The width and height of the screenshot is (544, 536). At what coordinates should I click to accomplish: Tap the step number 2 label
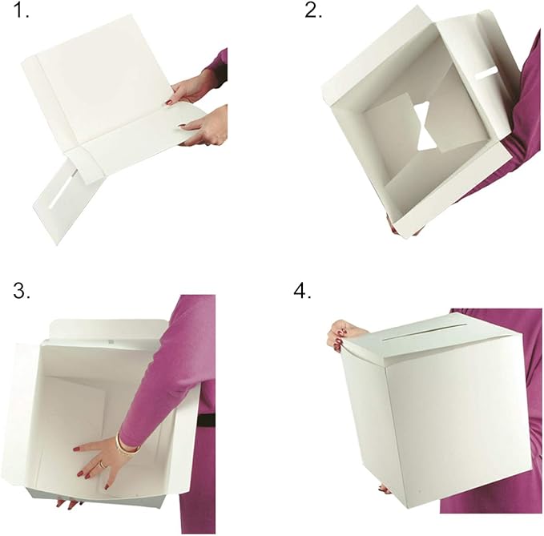click(313, 14)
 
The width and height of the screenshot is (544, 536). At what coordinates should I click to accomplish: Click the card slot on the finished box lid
click(417, 328)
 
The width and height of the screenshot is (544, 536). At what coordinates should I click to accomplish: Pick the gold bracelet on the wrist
click(127, 444)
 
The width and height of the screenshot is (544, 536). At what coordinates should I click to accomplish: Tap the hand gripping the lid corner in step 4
click(343, 333)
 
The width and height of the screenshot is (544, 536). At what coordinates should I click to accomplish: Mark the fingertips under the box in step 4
click(383, 487)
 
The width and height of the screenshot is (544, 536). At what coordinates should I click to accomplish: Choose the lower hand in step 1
click(207, 127)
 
